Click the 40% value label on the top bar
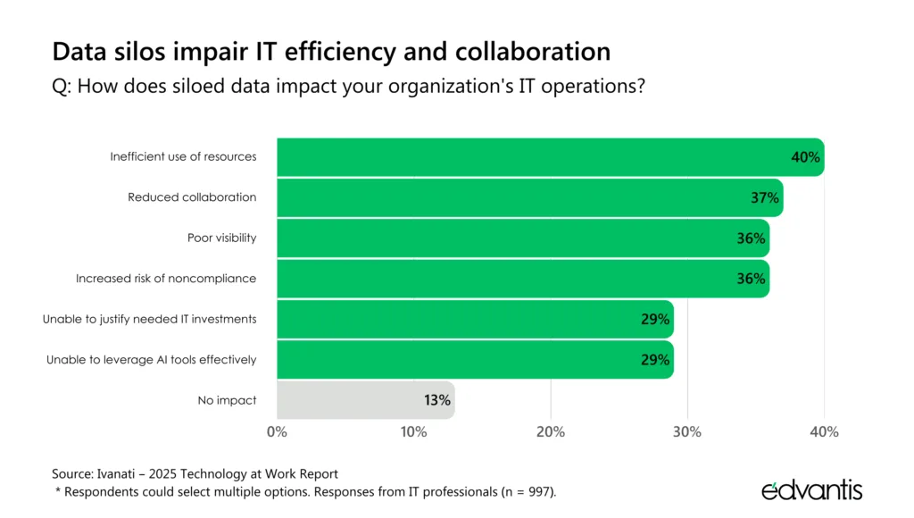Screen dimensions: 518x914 pos(805,157)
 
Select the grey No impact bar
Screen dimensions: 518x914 pos(357,400)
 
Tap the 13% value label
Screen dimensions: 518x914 pos(437,400)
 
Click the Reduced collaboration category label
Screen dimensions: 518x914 pos(192,197)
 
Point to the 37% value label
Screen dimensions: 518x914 pos(765,197)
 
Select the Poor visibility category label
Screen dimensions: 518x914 pos(221,238)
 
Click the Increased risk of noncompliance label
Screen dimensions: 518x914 pos(166,279)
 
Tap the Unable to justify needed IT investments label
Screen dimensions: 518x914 pos(150,319)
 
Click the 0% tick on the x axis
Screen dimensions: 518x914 pos(277,432)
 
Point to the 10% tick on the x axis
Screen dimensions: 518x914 pos(413,432)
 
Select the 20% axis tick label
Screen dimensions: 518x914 pos(551,432)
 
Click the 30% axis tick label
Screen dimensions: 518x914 pos(687,432)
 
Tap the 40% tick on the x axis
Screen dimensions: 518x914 pos(824,432)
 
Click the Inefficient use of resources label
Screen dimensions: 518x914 pos(183,156)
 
